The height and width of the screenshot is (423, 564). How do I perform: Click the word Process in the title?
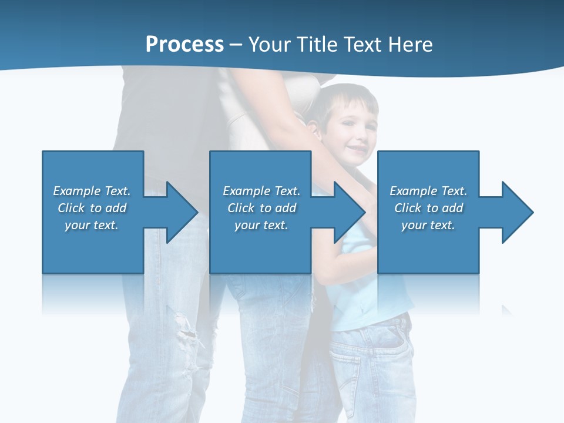point(184,45)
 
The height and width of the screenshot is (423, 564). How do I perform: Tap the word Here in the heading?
point(411,45)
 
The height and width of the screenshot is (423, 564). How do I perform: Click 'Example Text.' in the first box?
point(92,191)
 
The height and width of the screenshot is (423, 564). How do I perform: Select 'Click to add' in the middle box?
point(261,208)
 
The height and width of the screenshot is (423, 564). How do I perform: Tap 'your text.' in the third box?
point(428,225)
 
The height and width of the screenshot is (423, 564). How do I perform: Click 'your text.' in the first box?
point(92,225)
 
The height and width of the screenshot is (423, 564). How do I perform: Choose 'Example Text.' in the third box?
point(428,191)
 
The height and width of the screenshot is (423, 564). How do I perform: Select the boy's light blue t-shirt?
point(358,294)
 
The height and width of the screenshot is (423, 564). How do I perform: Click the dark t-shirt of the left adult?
point(159,112)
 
